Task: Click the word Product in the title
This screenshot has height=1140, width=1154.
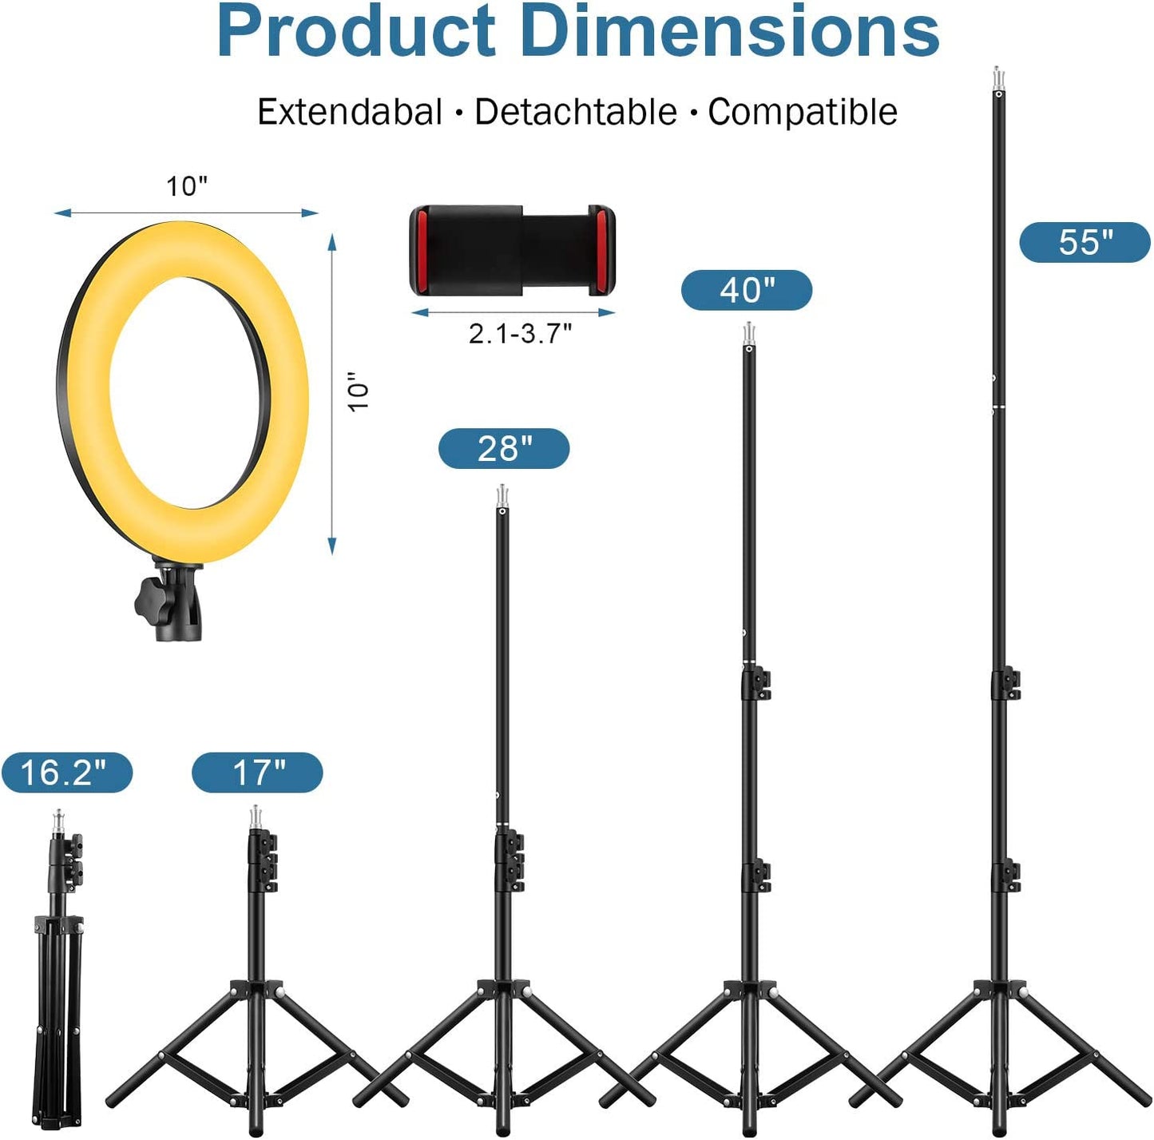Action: pyautogui.click(x=356, y=32)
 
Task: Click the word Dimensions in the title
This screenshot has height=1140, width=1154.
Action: pyautogui.click(x=730, y=32)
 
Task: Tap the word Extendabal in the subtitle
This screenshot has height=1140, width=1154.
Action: pyautogui.click(x=350, y=112)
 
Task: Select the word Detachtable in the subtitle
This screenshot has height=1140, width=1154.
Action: pyautogui.click(x=576, y=112)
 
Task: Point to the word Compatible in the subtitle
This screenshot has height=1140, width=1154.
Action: pyautogui.click(x=803, y=112)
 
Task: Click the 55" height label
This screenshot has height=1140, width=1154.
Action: pyautogui.click(x=1085, y=242)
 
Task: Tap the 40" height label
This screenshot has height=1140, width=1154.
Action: pyautogui.click(x=747, y=290)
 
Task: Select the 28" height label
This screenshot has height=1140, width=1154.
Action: pyautogui.click(x=504, y=448)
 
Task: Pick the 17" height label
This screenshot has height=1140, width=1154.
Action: pyautogui.click(x=257, y=773)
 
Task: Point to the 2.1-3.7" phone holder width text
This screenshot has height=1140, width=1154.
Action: pyautogui.click(x=520, y=333)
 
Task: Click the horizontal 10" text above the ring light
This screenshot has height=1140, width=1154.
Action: pyautogui.click(x=187, y=186)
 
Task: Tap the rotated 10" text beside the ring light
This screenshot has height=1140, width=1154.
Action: pyautogui.click(x=359, y=391)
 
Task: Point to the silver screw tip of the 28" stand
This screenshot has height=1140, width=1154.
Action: pyautogui.click(x=502, y=496)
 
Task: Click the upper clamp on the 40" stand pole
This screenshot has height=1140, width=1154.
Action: pyautogui.click(x=756, y=684)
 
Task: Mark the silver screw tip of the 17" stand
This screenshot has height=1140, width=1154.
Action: pyautogui.click(x=256, y=817)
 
